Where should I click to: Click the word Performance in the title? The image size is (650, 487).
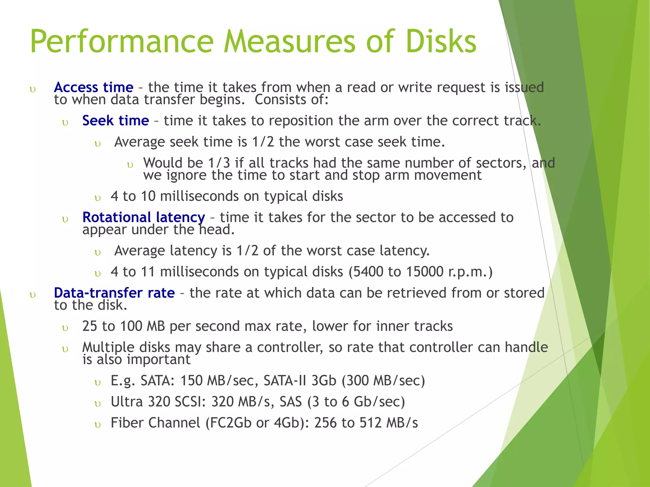point(122,42)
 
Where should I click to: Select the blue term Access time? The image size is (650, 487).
point(94,87)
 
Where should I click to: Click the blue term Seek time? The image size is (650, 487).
point(116,120)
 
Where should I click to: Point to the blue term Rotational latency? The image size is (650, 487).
point(143,218)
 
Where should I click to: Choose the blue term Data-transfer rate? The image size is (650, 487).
point(114,293)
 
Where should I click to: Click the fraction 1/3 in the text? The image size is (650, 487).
point(219,163)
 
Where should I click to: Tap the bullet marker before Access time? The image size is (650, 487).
point(32,89)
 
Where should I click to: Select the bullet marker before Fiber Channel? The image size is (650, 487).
point(98,425)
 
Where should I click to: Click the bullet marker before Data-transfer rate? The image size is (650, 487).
point(32,295)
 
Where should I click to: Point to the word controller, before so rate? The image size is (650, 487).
point(290,347)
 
